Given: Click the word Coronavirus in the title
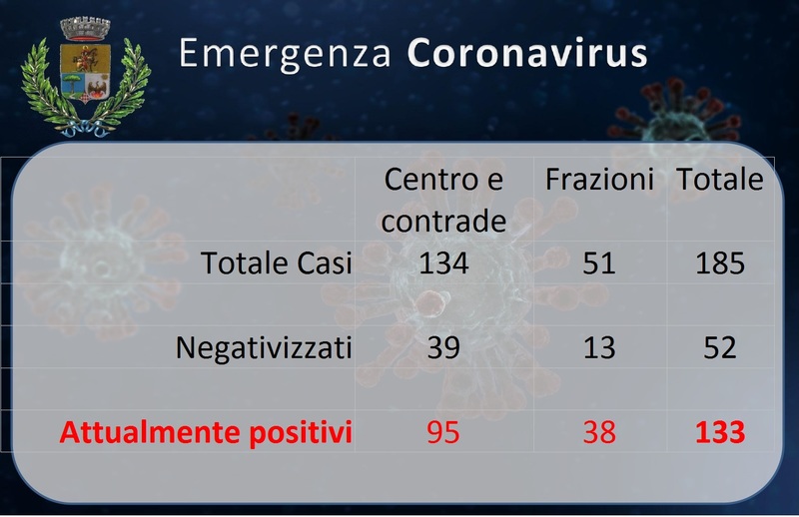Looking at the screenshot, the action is [527, 53].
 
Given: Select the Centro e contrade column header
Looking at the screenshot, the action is [443, 200].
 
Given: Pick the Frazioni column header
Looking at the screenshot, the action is [599, 180].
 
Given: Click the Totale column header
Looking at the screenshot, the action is [720, 180].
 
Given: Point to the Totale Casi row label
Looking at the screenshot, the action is [277, 263].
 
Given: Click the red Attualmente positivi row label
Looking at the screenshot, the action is [206, 433].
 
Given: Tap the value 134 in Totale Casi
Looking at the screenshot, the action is [443, 263].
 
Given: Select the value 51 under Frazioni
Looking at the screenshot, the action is [599, 263].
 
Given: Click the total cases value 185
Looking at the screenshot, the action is [720, 263].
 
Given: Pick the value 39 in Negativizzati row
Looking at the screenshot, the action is [443, 348].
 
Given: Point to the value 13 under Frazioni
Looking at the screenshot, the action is [599, 348].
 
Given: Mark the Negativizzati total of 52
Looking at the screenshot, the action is [720, 348].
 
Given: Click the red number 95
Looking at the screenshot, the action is [443, 432].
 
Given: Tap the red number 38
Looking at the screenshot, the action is [599, 432].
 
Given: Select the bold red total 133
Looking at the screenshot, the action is [720, 432].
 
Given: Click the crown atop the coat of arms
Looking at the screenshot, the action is [85, 29].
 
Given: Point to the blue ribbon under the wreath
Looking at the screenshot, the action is [85, 129].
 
